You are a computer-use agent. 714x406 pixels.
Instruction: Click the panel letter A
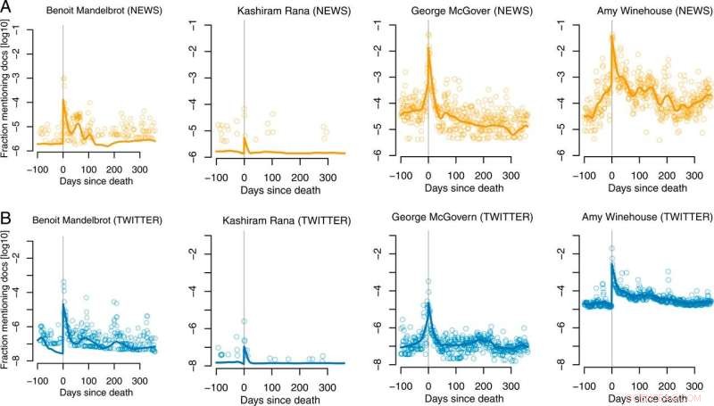[7, 8]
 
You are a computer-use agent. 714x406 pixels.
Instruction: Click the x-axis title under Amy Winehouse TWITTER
[641, 392]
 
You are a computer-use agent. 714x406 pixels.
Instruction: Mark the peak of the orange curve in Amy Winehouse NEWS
[611, 36]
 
